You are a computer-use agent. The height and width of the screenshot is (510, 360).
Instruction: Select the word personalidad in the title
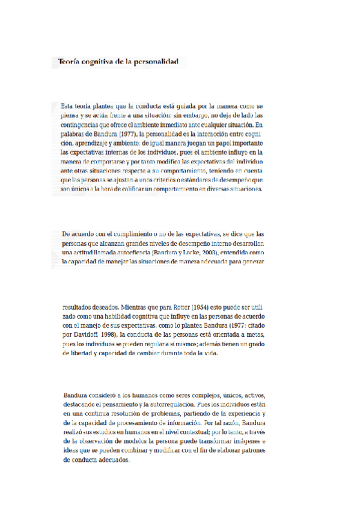point(155,62)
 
